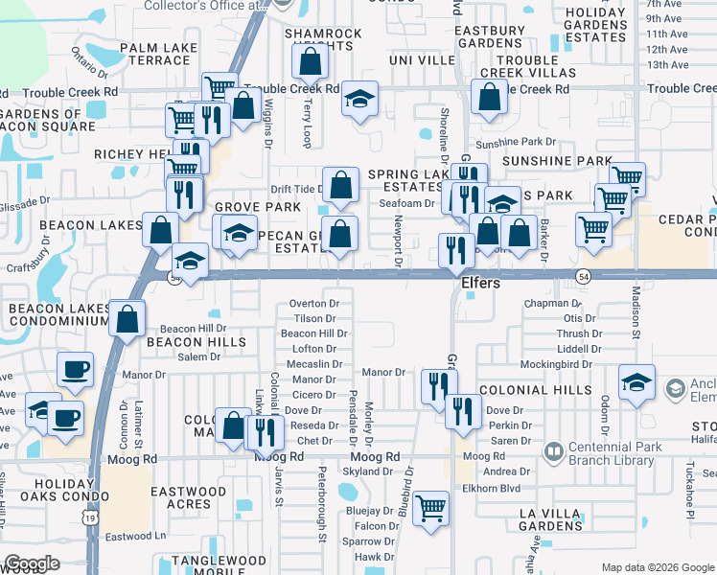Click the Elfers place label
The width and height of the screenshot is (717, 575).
coord(482,284)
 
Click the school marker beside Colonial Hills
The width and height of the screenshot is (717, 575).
coord(637,382)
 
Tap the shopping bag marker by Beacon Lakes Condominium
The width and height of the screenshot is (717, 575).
coord(127,318)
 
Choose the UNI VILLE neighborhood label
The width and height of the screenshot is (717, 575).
coord(422,59)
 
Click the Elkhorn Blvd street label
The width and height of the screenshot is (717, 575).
coord(508,486)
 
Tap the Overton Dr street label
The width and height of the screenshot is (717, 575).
coord(314,303)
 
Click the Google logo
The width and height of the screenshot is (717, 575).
coord(32,563)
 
